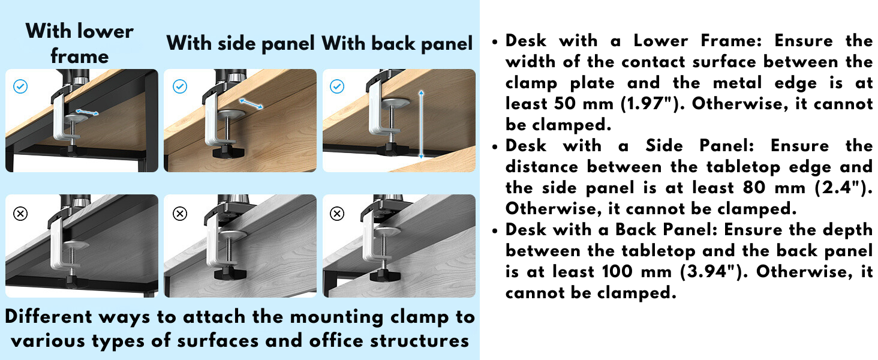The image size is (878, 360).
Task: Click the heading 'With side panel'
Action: (x=240, y=43)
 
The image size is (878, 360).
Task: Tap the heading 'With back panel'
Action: (x=397, y=43)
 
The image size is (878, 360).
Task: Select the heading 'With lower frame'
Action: (x=80, y=43)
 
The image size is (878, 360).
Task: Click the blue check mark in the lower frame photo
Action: (x=20, y=86)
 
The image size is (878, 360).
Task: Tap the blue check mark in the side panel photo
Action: (x=180, y=86)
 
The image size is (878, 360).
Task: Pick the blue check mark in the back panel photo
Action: (x=337, y=86)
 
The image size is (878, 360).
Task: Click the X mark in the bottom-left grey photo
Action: (x=20, y=214)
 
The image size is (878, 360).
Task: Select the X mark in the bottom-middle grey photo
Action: (x=180, y=214)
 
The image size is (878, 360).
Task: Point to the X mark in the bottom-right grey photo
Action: (x=337, y=214)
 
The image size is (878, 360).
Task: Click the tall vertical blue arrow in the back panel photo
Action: (x=421, y=125)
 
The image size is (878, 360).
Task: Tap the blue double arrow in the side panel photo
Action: (x=251, y=104)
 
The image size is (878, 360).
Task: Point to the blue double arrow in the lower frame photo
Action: (x=87, y=113)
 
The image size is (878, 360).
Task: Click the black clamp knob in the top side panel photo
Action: (x=228, y=152)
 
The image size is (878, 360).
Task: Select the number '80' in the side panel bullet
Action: (x=754, y=187)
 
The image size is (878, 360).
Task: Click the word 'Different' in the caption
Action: (x=49, y=316)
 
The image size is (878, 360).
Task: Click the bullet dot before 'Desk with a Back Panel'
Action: (x=495, y=230)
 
